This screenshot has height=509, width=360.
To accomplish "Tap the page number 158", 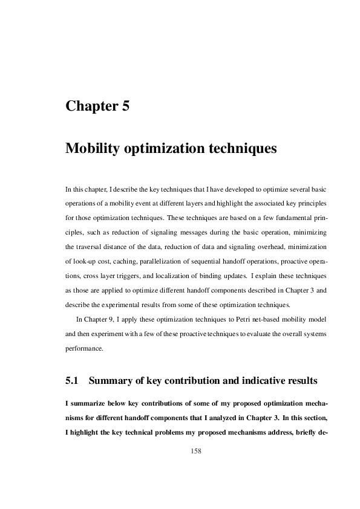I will click(x=196, y=451).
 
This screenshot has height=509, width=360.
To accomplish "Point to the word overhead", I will click(x=253, y=247).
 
